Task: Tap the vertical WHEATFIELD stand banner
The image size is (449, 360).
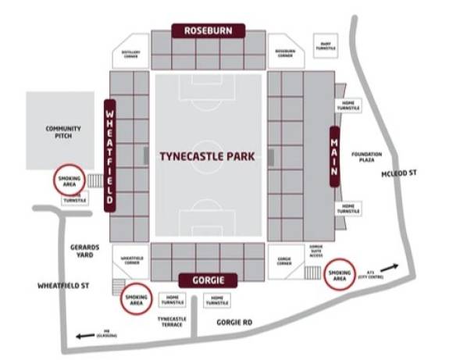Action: coord(109,154)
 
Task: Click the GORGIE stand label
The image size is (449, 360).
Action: coord(205,280)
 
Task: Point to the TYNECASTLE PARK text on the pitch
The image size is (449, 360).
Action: coord(207,156)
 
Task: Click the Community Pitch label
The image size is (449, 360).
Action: coord(57,132)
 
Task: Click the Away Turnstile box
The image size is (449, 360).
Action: coord(324,45)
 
